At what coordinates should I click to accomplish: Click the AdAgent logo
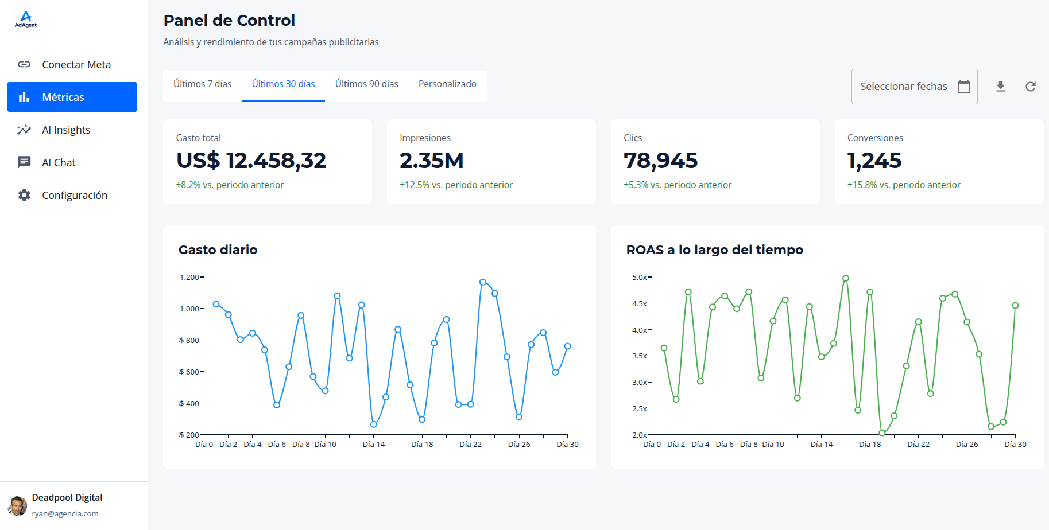[x=25, y=20]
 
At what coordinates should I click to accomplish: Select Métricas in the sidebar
[x=72, y=97]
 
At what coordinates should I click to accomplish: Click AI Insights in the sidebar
[x=66, y=130]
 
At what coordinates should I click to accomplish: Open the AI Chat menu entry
[x=59, y=162]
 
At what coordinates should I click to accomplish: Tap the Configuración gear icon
[x=24, y=195]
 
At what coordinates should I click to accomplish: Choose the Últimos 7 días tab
[x=202, y=84]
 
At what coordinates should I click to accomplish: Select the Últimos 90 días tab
[x=366, y=84]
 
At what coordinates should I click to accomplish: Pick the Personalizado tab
[x=447, y=84]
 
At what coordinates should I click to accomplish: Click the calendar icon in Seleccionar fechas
[x=964, y=87]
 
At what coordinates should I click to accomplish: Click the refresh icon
[x=1031, y=87]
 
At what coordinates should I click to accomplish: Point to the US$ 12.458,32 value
[x=251, y=161]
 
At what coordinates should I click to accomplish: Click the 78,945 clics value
[x=660, y=161]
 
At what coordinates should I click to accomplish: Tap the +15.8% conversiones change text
[x=903, y=185]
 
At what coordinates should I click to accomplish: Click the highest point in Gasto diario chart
[x=482, y=282]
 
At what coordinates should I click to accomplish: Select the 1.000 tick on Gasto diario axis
[x=189, y=309]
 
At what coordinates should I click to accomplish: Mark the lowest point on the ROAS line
[x=882, y=433]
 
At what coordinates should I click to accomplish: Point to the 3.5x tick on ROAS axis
[x=639, y=356]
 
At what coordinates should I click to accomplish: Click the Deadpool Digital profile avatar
[x=17, y=505]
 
